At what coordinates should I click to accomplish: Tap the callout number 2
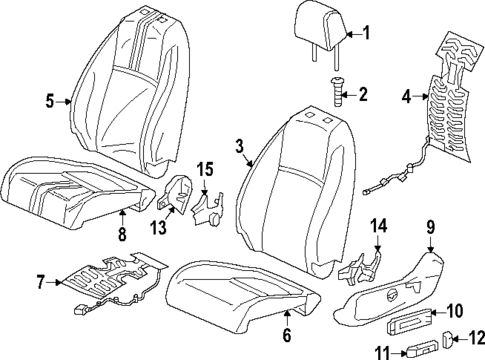pyautogui.click(x=362, y=96)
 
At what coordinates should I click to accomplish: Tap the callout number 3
pyautogui.click(x=240, y=148)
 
